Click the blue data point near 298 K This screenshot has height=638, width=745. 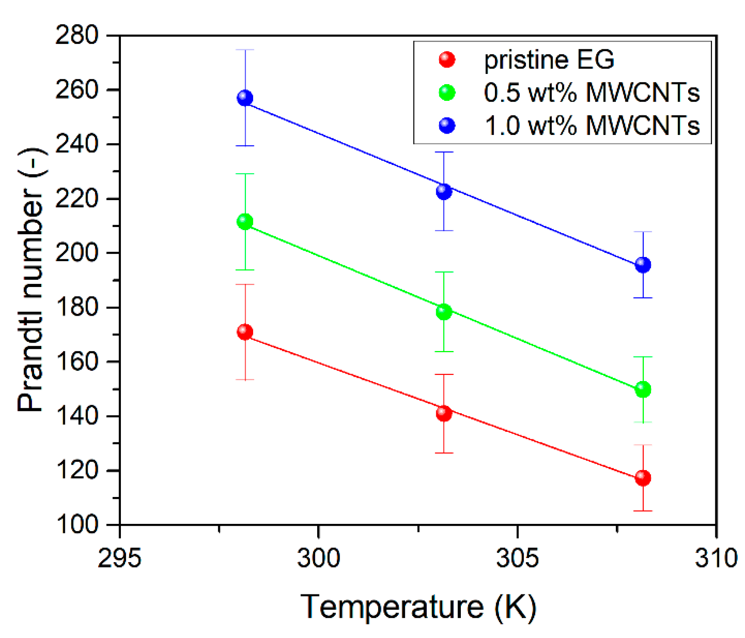pyautogui.click(x=245, y=98)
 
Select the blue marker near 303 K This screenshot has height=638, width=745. pyautogui.click(x=444, y=191)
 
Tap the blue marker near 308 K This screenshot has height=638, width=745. pyautogui.click(x=643, y=264)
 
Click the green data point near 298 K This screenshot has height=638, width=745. pyautogui.click(x=245, y=222)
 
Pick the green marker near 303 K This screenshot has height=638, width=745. pyautogui.click(x=444, y=312)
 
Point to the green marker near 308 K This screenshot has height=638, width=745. pyautogui.click(x=643, y=389)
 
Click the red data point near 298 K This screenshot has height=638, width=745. pyautogui.click(x=245, y=332)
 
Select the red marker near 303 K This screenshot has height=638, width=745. pyautogui.click(x=444, y=413)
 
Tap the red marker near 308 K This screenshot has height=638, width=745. pyautogui.click(x=643, y=478)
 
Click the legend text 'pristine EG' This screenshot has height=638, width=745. pyautogui.click(x=549, y=60)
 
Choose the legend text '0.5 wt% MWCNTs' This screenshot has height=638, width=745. pyautogui.click(x=592, y=92)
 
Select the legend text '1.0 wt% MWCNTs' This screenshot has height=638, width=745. pyautogui.click(x=592, y=125)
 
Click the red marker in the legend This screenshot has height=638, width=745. pyautogui.click(x=447, y=60)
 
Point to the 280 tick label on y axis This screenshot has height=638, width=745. pyautogui.click(x=77, y=36)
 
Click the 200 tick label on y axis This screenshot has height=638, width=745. pyautogui.click(x=77, y=253)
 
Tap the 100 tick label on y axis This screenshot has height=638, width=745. pyautogui.click(x=77, y=525)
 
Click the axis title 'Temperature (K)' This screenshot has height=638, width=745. pyautogui.click(x=418, y=607)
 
